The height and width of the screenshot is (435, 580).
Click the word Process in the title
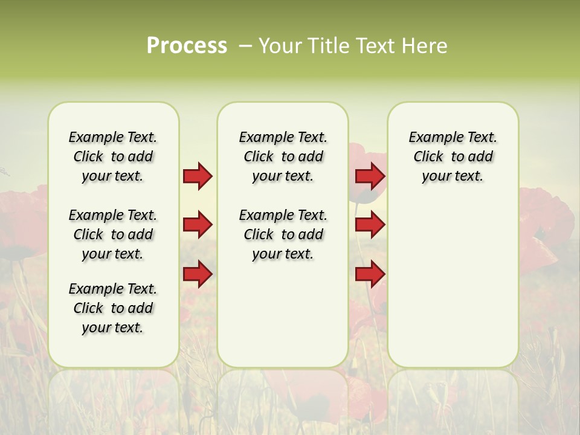[x=187, y=45]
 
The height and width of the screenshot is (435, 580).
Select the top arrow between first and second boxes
[x=198, y=176]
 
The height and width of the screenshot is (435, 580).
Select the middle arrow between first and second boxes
[x=198, y=225]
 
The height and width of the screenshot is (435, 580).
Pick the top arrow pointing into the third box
[x=370, y=176]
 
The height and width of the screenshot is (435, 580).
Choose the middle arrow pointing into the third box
[x=370, y=225]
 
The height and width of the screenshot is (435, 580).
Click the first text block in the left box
[x=113, y=156]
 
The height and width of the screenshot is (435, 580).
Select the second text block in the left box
[x=113, y=234]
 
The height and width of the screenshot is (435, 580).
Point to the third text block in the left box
[x=113, y=308]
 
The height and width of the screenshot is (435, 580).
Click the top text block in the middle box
[x=283, y=156]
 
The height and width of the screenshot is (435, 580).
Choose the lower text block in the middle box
[x=283, y=234]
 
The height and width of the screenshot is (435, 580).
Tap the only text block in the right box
[x=453, y=156]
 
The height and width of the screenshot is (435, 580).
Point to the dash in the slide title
[x=245, y=46]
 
